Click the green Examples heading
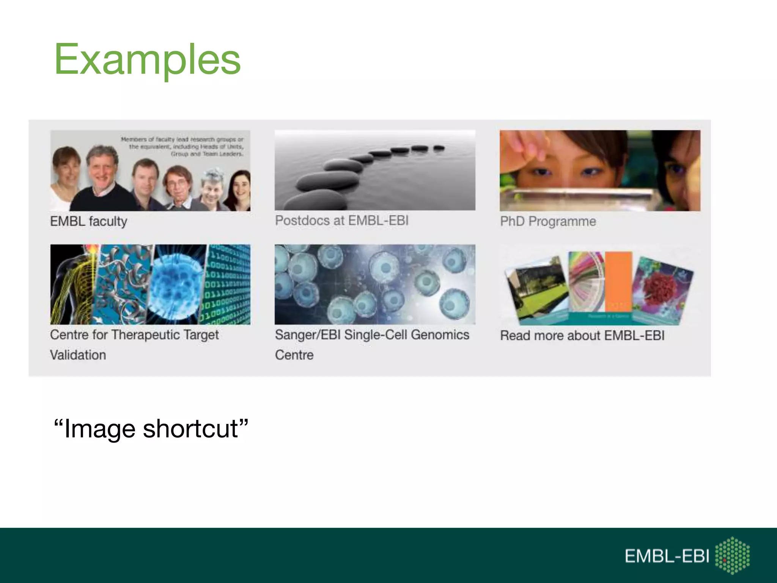point(147,60)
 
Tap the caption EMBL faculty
point(88,221)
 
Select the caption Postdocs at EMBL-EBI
point(341,221)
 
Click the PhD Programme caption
point(548,221)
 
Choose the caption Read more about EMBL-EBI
point(582,336)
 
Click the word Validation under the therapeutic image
point(78,355)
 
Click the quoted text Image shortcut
point(151,429)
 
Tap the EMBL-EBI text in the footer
point(667,556)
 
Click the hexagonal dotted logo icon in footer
point(732,555)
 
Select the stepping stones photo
point(375,170)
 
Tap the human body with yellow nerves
point(72,285)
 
